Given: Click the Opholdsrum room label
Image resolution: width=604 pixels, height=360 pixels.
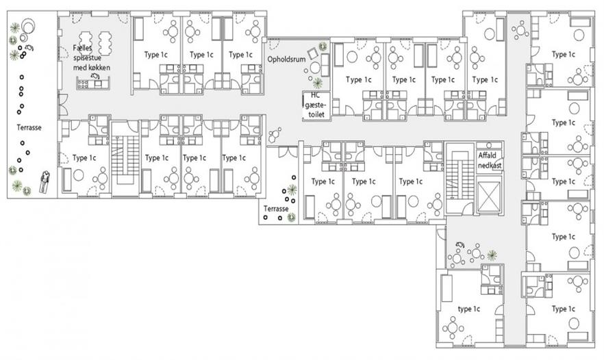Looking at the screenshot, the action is pos(286,60).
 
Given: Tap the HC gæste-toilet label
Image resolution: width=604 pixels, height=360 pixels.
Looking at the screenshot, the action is pos(316,105).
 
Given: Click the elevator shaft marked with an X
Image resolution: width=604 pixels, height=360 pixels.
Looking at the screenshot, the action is pos(490,196).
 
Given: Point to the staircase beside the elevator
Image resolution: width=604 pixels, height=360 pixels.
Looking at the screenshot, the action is pos(457,178).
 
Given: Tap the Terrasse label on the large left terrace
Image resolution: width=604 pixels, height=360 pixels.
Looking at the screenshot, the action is pos(29,127).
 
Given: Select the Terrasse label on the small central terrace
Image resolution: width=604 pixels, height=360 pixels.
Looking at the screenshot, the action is pos(276,209).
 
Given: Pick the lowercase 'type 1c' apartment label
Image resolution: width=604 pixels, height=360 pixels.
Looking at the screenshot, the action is pos(469,309).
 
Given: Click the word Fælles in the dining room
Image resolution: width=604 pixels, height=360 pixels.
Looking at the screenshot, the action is pos(82,48).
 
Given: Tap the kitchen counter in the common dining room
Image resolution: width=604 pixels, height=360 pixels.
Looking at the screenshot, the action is pos(94,83).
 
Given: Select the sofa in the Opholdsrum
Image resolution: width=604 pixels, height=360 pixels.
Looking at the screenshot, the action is pos(325,65).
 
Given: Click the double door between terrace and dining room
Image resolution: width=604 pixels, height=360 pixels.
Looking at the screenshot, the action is pos(63,105).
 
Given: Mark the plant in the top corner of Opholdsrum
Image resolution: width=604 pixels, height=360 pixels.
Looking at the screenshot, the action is pos(323,47).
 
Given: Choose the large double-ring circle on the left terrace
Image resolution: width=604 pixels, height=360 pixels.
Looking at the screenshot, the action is pos(29,26).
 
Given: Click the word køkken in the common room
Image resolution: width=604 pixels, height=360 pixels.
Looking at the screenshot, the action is pos(100,68).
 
